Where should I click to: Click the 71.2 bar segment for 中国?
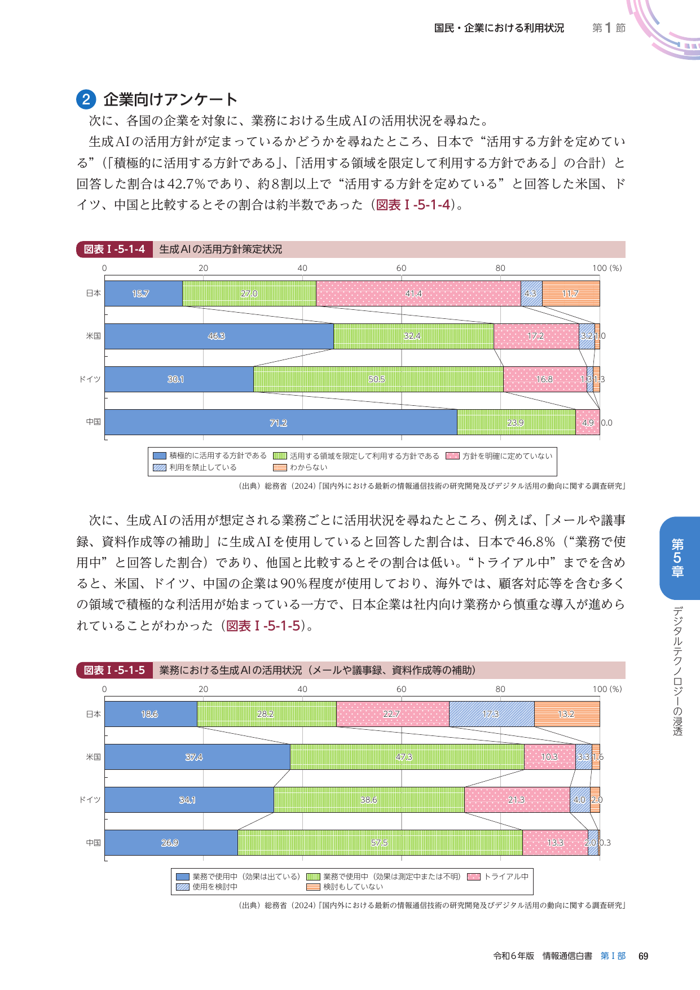[x=280, y=422]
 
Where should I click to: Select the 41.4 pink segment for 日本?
[x=418, y=294]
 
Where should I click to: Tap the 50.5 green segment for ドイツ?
[x=378, y=379]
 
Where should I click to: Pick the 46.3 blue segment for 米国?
[x=219, y=336]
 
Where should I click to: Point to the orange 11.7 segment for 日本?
[x=570, y=294]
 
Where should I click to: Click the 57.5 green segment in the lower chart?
[x=380, y=843]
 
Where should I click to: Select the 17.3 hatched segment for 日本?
[x=491, y=714]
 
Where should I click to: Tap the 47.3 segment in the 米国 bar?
[x=407, y=757]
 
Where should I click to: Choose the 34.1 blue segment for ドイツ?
[x=189, y=800]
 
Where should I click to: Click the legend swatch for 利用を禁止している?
[x=160, y=467]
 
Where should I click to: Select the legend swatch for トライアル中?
[x=474, y=877]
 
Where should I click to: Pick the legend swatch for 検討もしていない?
[x=313, y=887]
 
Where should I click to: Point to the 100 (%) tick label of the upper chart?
[x=607, y=268]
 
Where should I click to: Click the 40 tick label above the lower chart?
[x=302, y=689]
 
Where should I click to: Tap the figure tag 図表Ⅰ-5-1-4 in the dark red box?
[x=115, y=249]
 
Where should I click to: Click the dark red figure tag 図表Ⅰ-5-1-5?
[x=115, y=671]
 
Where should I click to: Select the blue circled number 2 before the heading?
[x=86, y=100]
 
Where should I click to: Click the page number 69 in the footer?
[x=643, y=956]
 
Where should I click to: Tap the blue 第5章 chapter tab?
[x=679, y=558]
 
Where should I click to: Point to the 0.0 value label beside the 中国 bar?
[x=606, y=423]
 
